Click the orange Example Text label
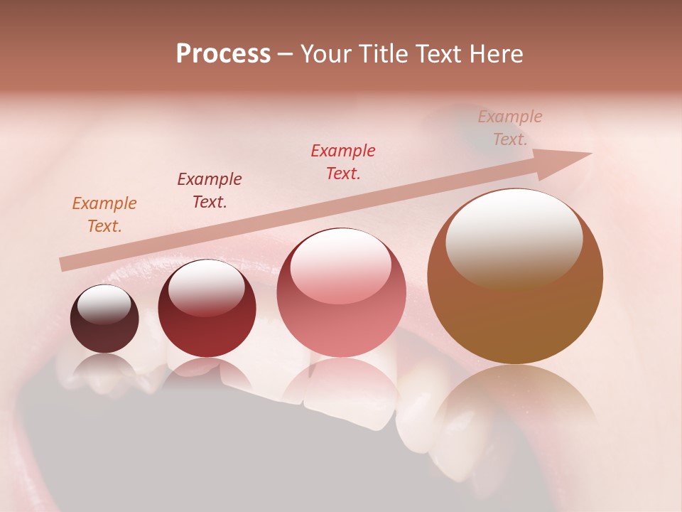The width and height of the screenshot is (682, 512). pyautogui.click(x=104, y=214)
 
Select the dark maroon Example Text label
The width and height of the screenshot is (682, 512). pyautogui.click(x=209, y=190)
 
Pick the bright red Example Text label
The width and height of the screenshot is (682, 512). pyautogui.click(x=342, y=161)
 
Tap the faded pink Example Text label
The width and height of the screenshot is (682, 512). pyautogui.click(x=509, y=127)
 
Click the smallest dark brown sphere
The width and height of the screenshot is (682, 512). pyautogui.click(x=104, y=331)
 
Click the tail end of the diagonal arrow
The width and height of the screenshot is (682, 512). pyautogui.click(x=64, y=265)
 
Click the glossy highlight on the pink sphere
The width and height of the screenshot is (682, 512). pyautogui.click(x=340, y=267)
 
